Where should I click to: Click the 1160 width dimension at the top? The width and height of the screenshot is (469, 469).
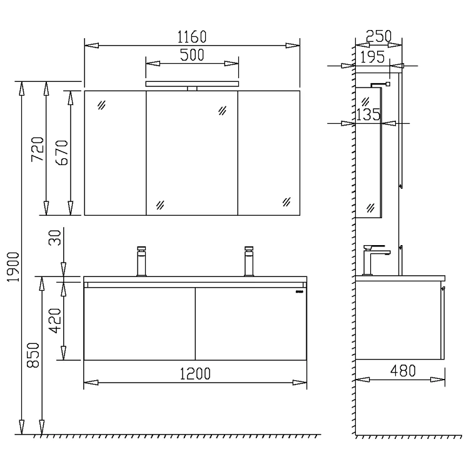[x=192, y=36]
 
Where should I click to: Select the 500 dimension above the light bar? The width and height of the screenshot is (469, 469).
[x=192, y=55]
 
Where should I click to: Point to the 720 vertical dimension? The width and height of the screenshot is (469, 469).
[x=38, y=149]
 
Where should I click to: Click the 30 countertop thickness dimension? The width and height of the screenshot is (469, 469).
[x=56, y=238]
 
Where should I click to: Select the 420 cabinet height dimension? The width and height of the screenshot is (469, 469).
[x=56, y=320]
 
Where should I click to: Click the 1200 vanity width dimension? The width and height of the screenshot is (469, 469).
[x=196, y=373]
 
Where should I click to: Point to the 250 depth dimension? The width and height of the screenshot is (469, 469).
[x=378, y=36]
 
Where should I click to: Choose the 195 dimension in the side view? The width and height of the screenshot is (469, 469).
[x=373, y=58]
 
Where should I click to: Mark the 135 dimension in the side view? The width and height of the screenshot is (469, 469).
[x=368, y=115]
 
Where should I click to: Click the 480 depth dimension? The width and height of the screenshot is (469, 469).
[x=403, y=371]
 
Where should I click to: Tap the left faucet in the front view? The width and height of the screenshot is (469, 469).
[x=141, y=261]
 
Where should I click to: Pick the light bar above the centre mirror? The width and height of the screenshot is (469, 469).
[x=192, y=84]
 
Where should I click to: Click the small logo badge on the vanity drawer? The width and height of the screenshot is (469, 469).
[x=299, y=291]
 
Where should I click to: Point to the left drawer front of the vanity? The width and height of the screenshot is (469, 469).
[x=139, y=323]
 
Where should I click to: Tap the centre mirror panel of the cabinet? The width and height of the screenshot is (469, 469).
[x=192, y=153]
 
